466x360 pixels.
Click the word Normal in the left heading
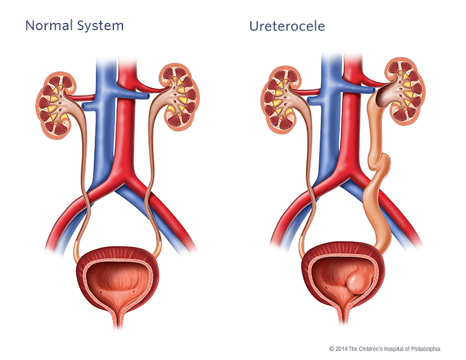[49, 25]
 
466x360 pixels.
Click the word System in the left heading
[100, 26]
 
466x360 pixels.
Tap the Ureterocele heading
[287, 26]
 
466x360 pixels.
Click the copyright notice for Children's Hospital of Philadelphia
[385, 349]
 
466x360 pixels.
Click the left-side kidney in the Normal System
[57, 106]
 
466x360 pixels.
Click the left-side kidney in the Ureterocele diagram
[282, 99]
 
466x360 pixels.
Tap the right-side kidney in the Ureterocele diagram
[405, 90]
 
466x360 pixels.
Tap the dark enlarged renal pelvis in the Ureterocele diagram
[384, 95]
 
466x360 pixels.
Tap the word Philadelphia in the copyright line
[425, 349]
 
